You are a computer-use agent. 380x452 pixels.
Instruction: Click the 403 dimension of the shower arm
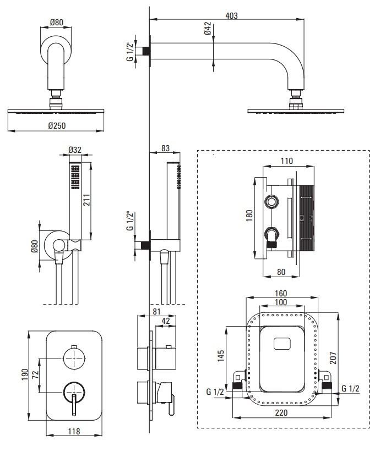[231, 15]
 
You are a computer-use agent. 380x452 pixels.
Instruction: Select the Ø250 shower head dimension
[57, 125]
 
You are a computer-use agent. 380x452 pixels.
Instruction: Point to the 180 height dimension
[248, 214]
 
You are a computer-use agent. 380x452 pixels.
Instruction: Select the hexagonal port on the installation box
[270, 202]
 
